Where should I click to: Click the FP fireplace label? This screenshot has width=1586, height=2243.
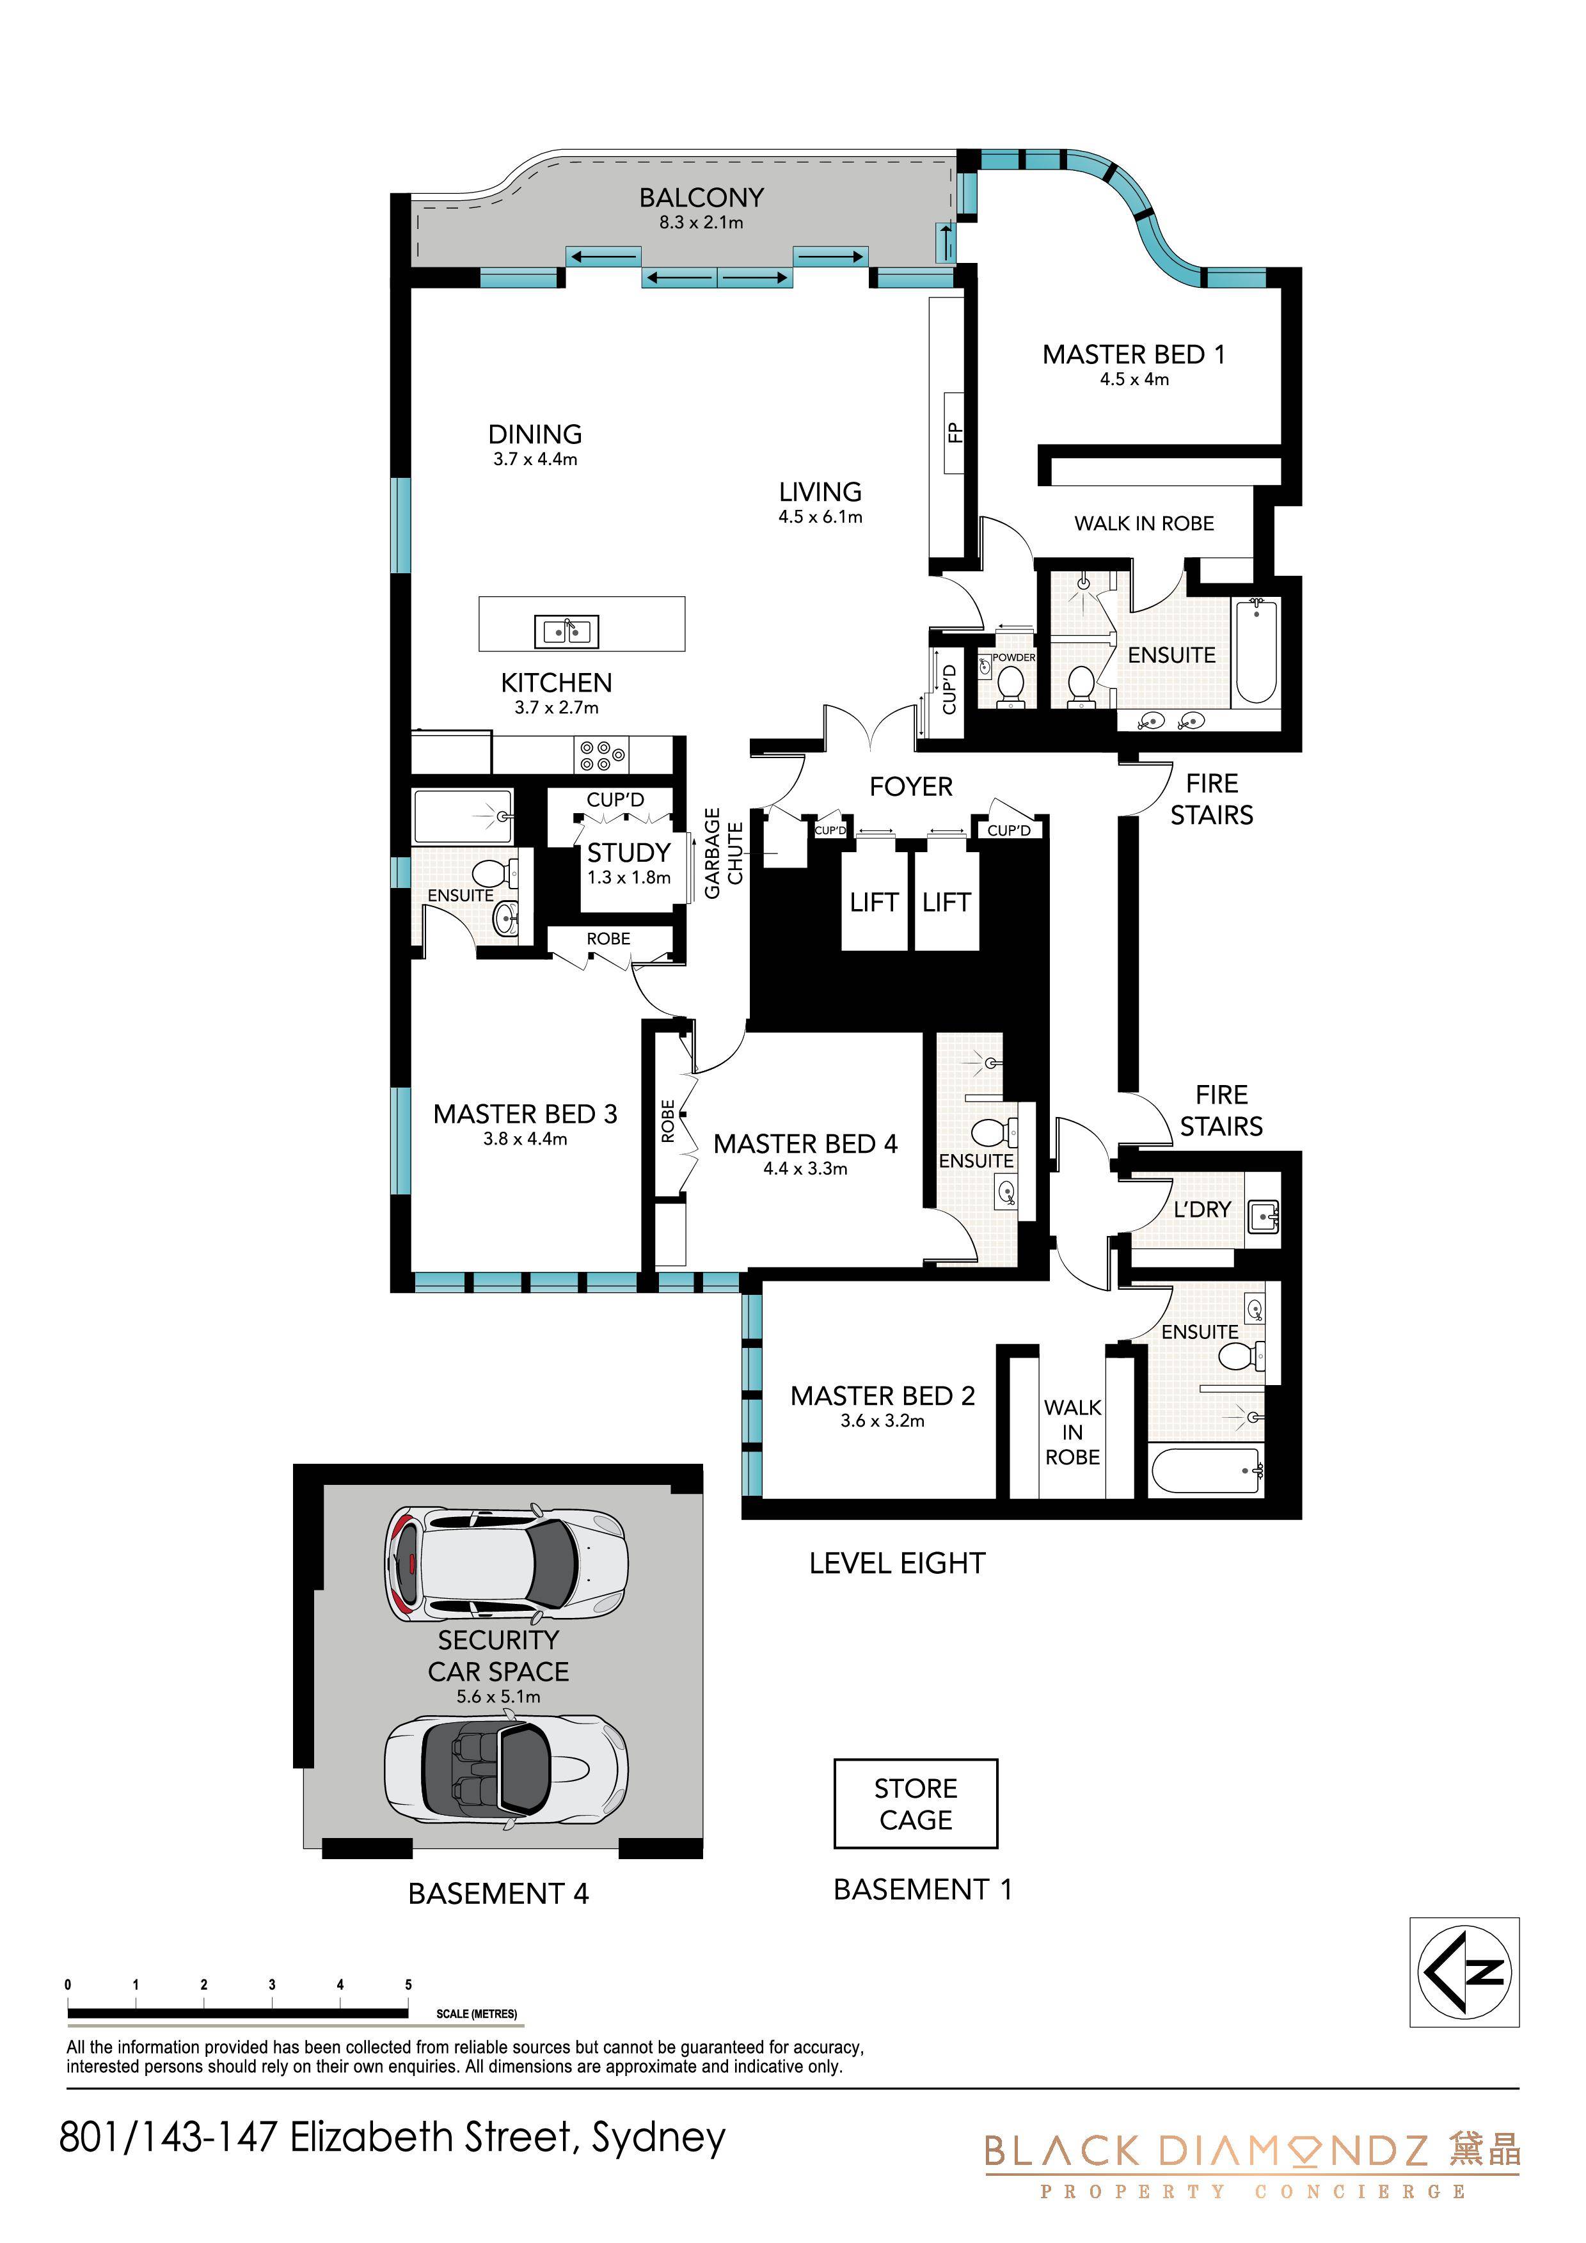point(955,432)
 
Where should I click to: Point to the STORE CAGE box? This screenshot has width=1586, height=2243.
point(916,1803)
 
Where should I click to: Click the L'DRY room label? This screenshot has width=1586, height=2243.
point(1202,1209)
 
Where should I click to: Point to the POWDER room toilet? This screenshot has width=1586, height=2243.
point(1010,685)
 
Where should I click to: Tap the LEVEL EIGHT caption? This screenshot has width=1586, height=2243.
point(897,1563)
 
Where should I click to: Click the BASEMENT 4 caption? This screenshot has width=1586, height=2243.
point(498,1893)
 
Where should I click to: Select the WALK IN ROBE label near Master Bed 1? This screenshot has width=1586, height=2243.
point(1145,523)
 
